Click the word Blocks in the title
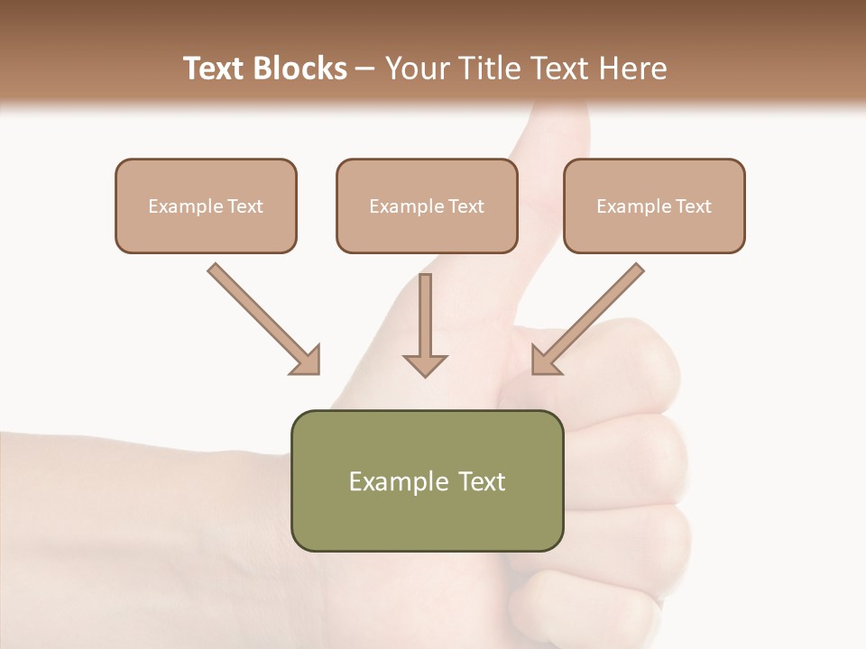pos(302,69)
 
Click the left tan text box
pos(206,206)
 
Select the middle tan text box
pos(427,206)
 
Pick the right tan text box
pos(654,206)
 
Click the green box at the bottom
pos(427,480)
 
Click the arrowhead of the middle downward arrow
pos(425,364)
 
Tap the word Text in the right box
pos(693,206)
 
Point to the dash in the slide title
pos(366,69)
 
